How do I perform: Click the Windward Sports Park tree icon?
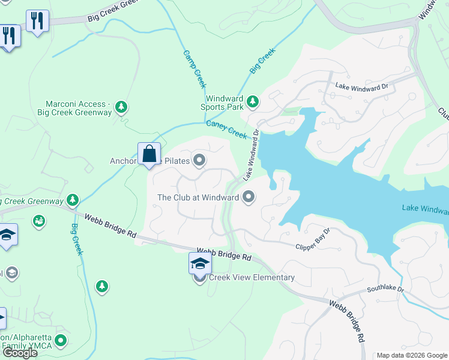tap(253, 103)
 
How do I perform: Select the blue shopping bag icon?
tap(148, 154)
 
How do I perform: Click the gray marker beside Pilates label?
tap(199, 160)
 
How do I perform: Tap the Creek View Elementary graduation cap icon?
tap(200, 263)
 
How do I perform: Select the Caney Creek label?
tap(226, 129)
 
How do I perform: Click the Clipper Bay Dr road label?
tap(313, 239)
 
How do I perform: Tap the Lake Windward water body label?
tap(425, 209)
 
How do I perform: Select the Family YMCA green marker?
tap(60, 341)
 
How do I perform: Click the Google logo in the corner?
tap(20, 353)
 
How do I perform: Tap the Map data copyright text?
tap(412, 355)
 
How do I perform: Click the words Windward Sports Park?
tap(224, 103)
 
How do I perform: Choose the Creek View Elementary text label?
tap(252, 277)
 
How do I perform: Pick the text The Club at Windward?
tap(197, 197)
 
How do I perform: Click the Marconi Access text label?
tap(74, 108)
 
